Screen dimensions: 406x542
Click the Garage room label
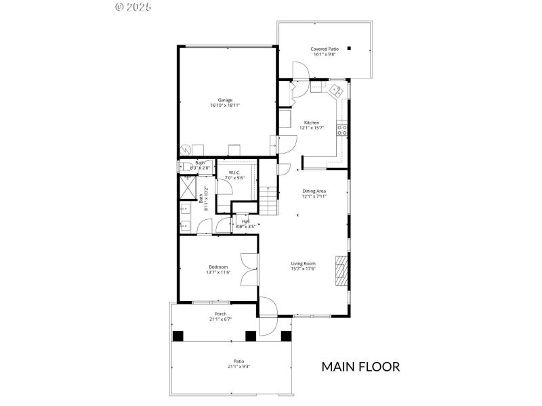point(226,100)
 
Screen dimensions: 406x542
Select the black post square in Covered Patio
point(350,48)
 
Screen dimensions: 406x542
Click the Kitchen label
point(312,122)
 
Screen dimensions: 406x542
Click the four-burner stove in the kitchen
point(343,129)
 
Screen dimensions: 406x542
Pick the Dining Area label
point(314,191)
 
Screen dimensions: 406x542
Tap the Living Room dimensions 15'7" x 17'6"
point(304,269)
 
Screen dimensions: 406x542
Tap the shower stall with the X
point(186,186)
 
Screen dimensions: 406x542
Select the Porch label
point(221,313)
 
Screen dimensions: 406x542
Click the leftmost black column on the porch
point(178,336)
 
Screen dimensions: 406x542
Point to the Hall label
point(245,221)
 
